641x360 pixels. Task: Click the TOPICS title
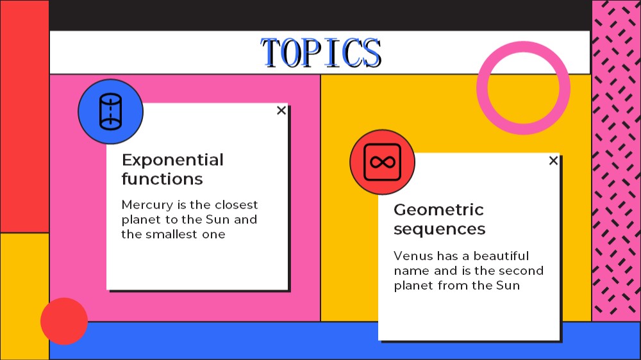tap(321, 53)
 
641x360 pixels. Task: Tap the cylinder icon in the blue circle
tap(110, 111)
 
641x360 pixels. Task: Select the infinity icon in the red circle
tap(382, 162)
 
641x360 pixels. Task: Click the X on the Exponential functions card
tap(281, 110)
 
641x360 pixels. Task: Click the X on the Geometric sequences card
tap(553, 161)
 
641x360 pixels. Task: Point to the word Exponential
tap(172, 160)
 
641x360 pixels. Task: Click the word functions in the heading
tap(162, 179)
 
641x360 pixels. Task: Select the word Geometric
tap(438, 209)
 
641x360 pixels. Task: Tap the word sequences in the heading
tap(440, 229)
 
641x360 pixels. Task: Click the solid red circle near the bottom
tap(64, 321)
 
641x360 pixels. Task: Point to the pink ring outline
tap(523, 47)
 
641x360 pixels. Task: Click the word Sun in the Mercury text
tap(217, 220)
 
